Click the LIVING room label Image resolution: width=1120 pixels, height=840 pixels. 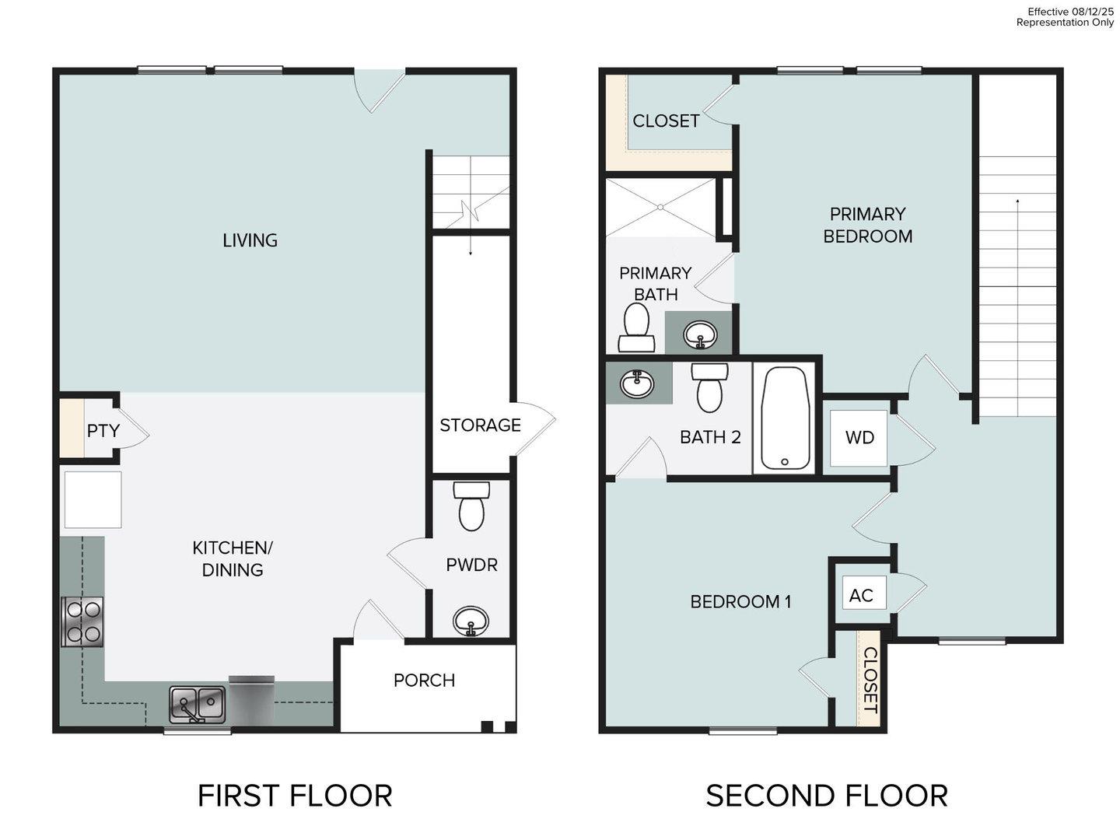pos(250,240)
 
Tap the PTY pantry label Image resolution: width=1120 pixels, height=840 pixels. pos(103,430)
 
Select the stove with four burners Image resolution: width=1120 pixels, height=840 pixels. pos(82,621)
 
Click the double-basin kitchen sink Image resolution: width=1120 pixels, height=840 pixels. pos(198,704)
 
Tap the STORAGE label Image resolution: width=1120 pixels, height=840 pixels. pos(480,425)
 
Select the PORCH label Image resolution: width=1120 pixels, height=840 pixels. pos(424,680)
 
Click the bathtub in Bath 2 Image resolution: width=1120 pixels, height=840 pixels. pos(785,418)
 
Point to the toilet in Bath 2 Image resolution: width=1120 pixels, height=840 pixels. pos(709,387)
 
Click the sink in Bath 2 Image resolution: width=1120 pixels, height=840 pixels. pos(637,383)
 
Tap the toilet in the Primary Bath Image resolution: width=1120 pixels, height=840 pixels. pos(636,327)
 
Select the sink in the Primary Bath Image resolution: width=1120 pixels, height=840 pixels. pos(700,334)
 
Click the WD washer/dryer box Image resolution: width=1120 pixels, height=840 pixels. pos(859,438)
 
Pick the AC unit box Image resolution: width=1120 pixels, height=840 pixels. pos(861,596)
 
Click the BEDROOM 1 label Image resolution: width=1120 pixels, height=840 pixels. pos(740,601)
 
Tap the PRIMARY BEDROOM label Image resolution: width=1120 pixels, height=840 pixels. pos(867,225)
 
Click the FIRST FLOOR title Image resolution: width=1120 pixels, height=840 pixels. pos(295,796)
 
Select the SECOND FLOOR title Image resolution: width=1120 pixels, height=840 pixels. pos(826,796)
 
